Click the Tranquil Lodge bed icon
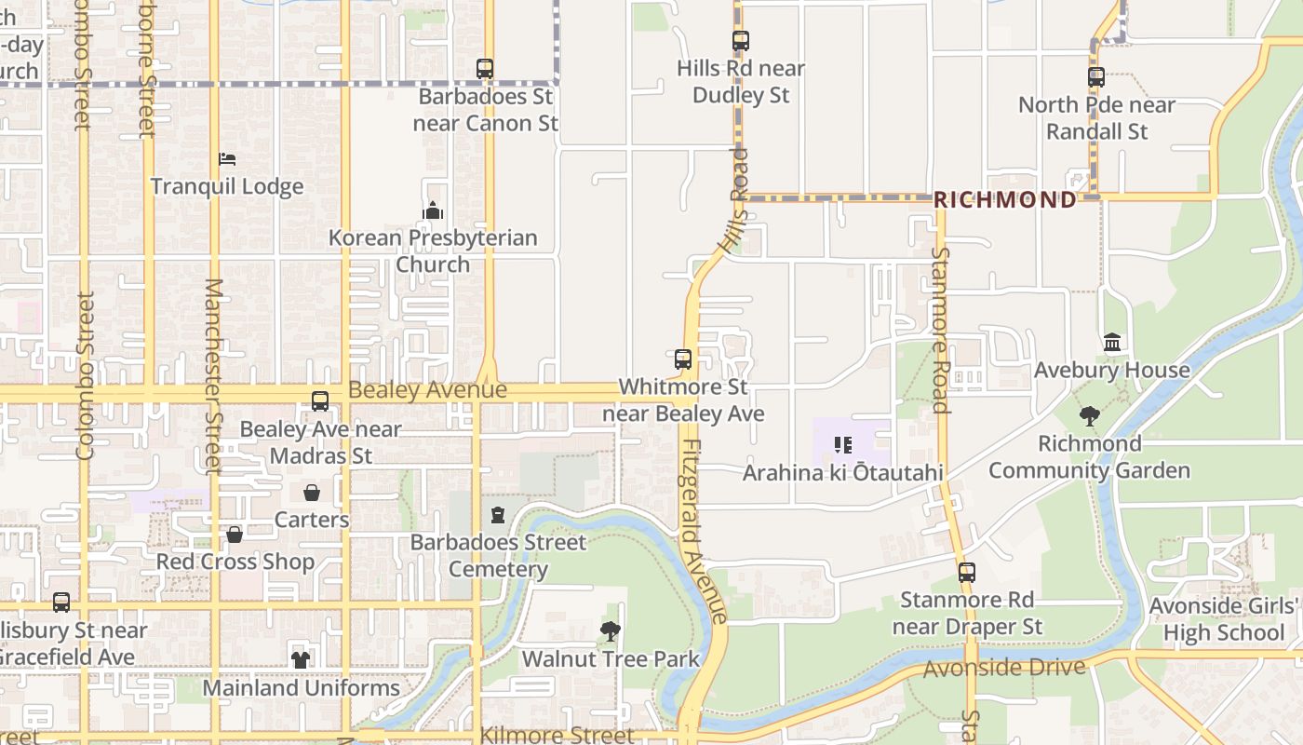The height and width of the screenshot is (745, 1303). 227,159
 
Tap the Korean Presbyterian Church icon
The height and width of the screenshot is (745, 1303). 433,211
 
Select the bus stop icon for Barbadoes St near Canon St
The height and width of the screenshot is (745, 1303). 484,68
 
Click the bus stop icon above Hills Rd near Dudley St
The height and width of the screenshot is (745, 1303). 741,41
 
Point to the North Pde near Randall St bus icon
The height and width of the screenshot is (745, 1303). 1096,77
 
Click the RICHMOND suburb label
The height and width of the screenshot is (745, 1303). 1004,200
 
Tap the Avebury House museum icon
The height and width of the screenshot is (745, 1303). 1112,343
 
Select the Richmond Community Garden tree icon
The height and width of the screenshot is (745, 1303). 1089,415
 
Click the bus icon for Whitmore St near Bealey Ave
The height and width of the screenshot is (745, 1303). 683,359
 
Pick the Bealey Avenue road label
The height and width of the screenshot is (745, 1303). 427,390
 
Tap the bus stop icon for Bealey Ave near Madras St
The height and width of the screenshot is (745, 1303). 320,401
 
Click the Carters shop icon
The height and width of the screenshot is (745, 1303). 312,492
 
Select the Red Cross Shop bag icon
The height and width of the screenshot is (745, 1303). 235,535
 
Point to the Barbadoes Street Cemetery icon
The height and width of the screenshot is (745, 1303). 498,515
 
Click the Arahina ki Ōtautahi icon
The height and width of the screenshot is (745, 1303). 843,445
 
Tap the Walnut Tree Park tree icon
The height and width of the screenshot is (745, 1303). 611,631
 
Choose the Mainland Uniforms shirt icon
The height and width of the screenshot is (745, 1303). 301,659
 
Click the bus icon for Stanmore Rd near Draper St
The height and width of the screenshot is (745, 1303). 967,572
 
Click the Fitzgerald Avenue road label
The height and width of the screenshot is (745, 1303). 704,531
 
